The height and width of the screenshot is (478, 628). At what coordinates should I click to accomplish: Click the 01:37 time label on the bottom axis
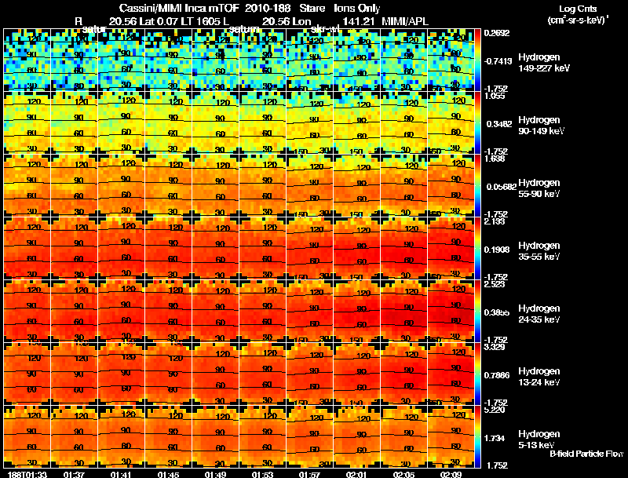coord(74,473)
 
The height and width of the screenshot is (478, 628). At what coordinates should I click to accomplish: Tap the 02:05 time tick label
coord(405,473)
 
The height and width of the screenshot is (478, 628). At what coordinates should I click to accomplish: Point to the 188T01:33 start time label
coord(26,473)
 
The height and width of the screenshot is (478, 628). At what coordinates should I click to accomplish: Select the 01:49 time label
coord(215,473)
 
